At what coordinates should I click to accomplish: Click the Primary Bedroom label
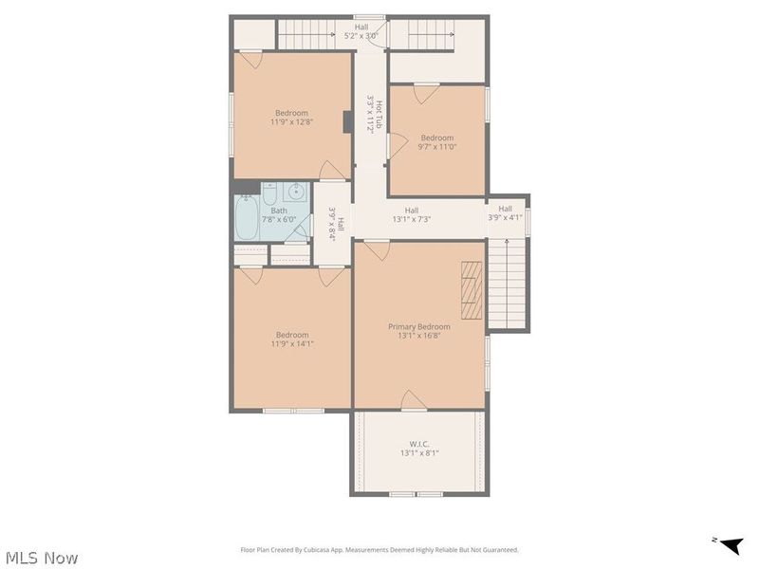419,326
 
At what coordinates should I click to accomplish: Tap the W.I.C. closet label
419,444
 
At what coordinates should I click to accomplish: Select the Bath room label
279,211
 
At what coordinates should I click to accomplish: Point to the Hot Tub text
379,115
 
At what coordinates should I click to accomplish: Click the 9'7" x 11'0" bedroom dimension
437,147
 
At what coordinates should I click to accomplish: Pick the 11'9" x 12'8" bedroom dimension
292,121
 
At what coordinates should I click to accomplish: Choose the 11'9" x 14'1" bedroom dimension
292,344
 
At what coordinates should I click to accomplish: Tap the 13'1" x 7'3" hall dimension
412,219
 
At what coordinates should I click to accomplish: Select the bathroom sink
295,193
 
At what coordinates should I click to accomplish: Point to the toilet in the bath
270,194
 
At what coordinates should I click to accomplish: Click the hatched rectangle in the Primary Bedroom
472,290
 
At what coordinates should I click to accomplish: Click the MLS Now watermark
42,558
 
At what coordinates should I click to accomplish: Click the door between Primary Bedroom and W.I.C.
415,400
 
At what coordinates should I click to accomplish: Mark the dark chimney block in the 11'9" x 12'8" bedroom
348,122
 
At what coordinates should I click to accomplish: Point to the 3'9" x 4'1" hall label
505,213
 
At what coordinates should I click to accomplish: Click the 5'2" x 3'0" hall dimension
361,36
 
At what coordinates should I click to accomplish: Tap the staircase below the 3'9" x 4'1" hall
507,284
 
